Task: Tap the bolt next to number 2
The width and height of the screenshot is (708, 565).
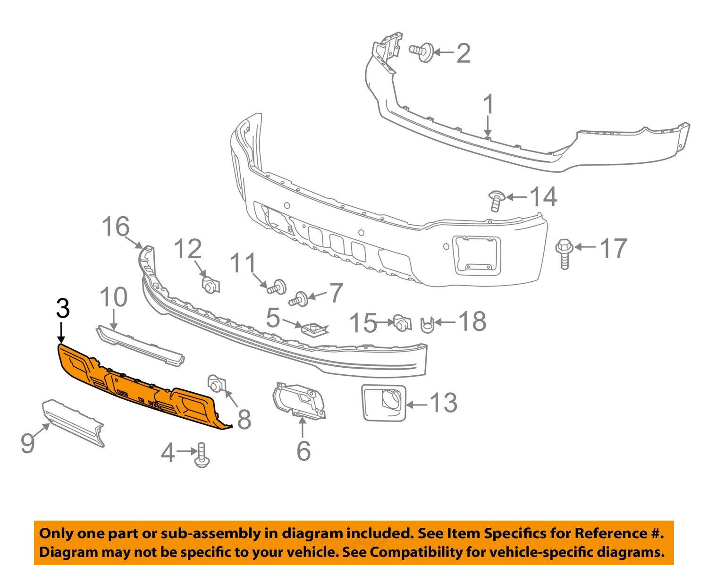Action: pyautogui.click(x=422, y=51)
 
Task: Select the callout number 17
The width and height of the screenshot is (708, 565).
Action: pyautogui.click(x=613, y=248)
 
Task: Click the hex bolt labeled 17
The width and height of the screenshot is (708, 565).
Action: pyautogui.click(x=565, y=253)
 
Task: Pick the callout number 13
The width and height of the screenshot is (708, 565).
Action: pyautogui.click(x=443, y=403)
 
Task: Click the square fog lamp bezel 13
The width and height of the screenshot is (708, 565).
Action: pyautogui.click(x=383, y=402)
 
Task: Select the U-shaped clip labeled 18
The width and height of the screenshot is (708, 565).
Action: pyautogui.click(x=427, y=324)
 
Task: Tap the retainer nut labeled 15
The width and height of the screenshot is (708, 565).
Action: pyautogui.click(x=401, y=323)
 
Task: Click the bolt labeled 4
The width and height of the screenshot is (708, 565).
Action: pyautogui.click(x=202, y=456)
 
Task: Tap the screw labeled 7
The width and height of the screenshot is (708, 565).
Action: pyautogui.click(x=300, y=299)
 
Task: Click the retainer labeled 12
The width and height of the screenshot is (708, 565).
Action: pyautogui.click(x=211, y=285)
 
